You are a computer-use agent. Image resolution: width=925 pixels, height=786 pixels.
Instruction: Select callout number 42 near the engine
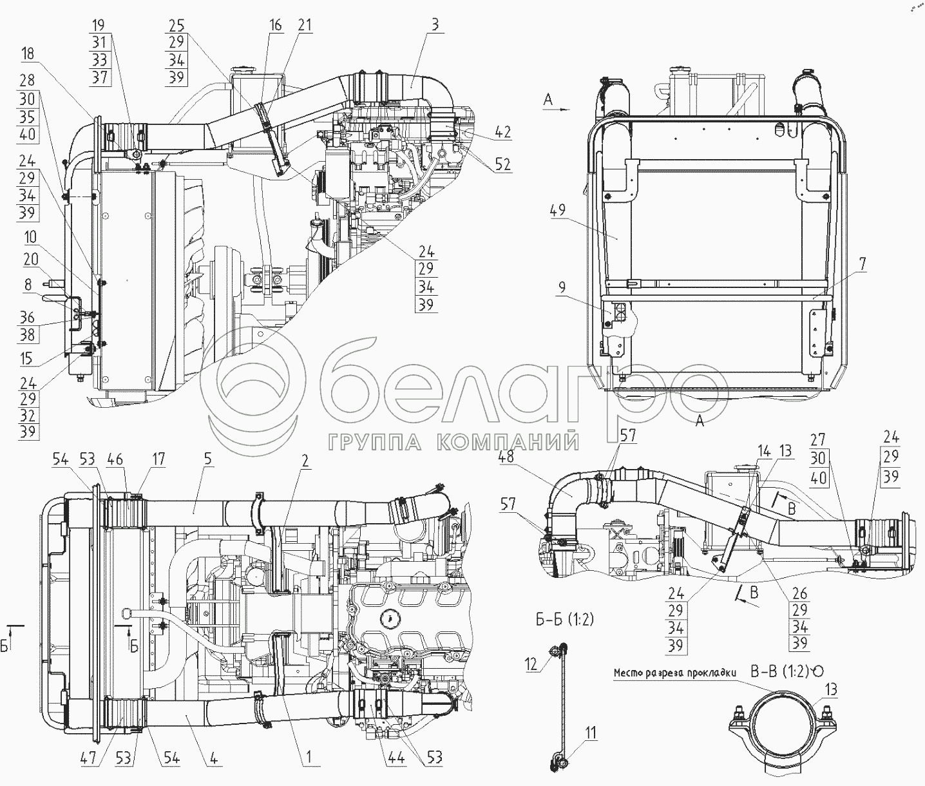[502, 132]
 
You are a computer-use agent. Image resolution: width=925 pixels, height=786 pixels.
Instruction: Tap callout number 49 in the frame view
[558, 210]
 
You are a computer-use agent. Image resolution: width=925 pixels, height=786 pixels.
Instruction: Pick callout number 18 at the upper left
[27, 53]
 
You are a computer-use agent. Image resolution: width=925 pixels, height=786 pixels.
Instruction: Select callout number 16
[276, 25]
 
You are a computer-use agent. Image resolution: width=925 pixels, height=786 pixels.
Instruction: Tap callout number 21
[304, 25]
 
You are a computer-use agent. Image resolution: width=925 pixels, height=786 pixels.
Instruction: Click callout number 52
[502, 164]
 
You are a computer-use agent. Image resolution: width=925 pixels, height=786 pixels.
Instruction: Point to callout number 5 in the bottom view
[207, 459]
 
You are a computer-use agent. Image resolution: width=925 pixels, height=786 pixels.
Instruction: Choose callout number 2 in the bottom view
[305, 461]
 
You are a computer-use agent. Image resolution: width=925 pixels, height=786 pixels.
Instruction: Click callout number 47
[88, 758]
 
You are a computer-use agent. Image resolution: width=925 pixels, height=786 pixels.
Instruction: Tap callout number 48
[504, 457]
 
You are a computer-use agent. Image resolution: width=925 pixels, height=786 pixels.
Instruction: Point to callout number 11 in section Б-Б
[591, 733]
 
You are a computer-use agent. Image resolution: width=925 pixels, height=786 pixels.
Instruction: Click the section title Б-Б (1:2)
[564, 620]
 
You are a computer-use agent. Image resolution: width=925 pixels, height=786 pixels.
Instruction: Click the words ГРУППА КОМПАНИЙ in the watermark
[453, 442]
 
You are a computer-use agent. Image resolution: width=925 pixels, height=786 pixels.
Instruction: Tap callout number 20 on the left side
[31, 259]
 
